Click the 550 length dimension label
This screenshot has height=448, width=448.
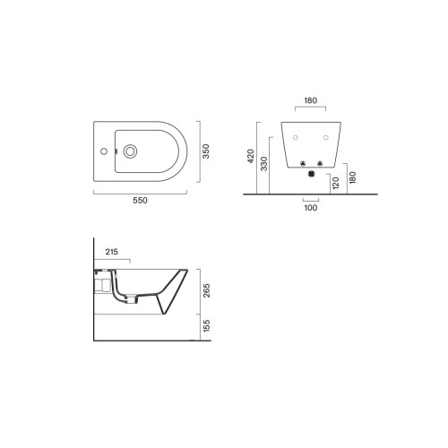140,201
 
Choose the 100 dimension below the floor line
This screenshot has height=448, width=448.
311,208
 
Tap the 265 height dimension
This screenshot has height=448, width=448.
205,290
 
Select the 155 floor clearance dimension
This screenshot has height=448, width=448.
205,328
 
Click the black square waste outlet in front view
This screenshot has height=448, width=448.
311,175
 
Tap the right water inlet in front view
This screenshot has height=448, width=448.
320,163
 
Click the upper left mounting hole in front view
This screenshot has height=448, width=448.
295,137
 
